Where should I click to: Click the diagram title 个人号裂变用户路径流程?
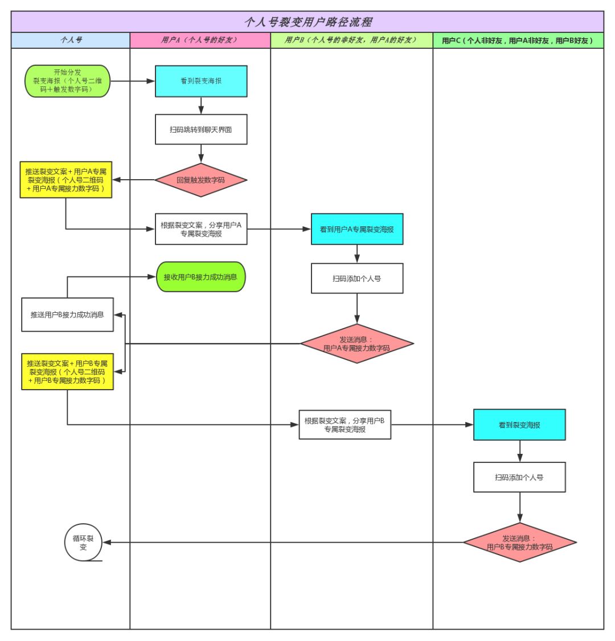pos(307,22)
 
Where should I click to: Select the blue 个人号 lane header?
pos(71,40)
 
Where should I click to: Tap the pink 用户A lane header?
pos(200,40)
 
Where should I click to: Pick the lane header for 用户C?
pos(518,40)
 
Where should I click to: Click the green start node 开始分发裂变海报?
pos(67,81)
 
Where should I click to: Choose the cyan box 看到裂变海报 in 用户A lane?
pos(201,81)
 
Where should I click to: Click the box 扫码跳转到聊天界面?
pos(201,130)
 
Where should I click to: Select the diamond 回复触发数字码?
pos(201,180)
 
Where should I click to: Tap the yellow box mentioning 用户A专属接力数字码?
pos(65,180)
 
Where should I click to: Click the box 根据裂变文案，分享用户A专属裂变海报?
pos(201,229)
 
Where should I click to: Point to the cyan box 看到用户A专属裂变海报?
pos(357,229)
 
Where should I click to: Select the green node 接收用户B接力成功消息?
pos(200,277)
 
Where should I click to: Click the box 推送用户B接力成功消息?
pos(67,315)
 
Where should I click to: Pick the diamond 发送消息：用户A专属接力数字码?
pos(357,344)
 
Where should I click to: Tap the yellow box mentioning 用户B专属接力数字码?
pos(67,371)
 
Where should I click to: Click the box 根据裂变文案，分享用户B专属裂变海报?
pos(345,424)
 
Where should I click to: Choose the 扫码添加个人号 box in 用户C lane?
pos(519,477)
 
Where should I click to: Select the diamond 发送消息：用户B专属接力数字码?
pos(519,543)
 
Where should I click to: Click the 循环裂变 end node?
pos(83,543)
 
